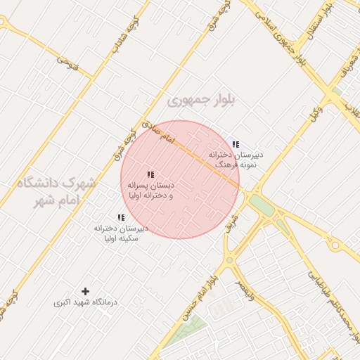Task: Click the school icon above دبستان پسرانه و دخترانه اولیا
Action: tap(150, 174)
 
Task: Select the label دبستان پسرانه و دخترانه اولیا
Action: tap(150, 191)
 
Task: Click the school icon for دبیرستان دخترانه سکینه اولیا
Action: tap(121, 218)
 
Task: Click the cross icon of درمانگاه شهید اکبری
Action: tap(86, 291)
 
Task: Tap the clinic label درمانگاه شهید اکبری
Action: tap(86, 302)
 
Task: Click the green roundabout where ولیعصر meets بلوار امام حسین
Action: tap(229, 261)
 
